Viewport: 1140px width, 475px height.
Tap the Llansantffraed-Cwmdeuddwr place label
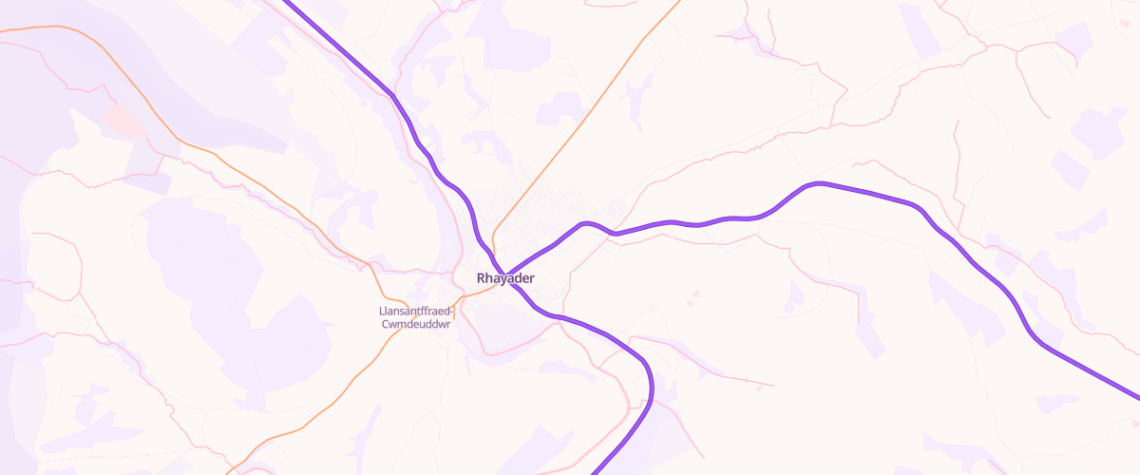(x=417, y=317)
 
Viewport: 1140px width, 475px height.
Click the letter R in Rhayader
(x=482, y=278)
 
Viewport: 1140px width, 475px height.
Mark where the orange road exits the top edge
(x=680, y=2)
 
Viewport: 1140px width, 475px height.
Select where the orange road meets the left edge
(x=2, y=31)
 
